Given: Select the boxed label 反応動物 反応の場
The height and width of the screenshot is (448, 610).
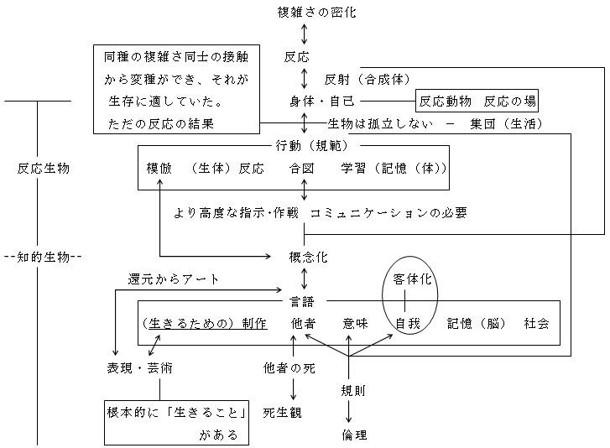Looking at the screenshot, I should [x=477, y=102].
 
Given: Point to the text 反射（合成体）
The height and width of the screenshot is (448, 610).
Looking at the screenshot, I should [x=368, y=80].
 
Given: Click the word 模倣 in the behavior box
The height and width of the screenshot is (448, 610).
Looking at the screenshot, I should [x=159, y=168].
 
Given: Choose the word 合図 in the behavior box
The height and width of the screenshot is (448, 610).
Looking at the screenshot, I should [x=301, y=168].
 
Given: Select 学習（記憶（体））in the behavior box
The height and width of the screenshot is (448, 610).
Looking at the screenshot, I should [x=394, y=168].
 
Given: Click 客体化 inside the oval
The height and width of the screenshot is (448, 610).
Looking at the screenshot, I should [x=411, y=279].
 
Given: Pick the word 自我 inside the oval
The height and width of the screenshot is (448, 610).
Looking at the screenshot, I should [x=408, y=323].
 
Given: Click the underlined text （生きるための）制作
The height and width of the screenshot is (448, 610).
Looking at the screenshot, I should [x=206, y=323].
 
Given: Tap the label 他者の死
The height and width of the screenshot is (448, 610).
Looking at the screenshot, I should [x=289, y=367].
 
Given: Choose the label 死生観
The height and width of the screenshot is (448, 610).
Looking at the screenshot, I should [x=282, y=413].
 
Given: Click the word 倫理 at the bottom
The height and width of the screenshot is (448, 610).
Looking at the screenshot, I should [x=353, y=435].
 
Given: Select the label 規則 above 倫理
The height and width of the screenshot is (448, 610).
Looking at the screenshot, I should [x=353, y=390].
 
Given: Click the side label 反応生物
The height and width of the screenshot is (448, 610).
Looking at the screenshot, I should [x=44, y=168].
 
